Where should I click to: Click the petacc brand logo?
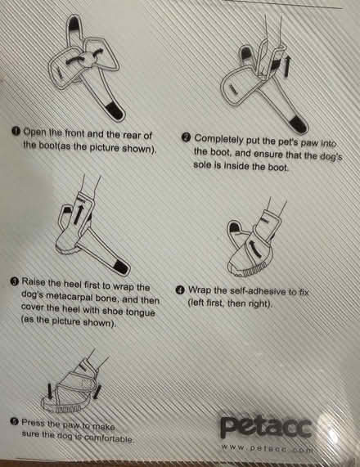265,428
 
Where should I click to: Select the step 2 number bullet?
186,138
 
